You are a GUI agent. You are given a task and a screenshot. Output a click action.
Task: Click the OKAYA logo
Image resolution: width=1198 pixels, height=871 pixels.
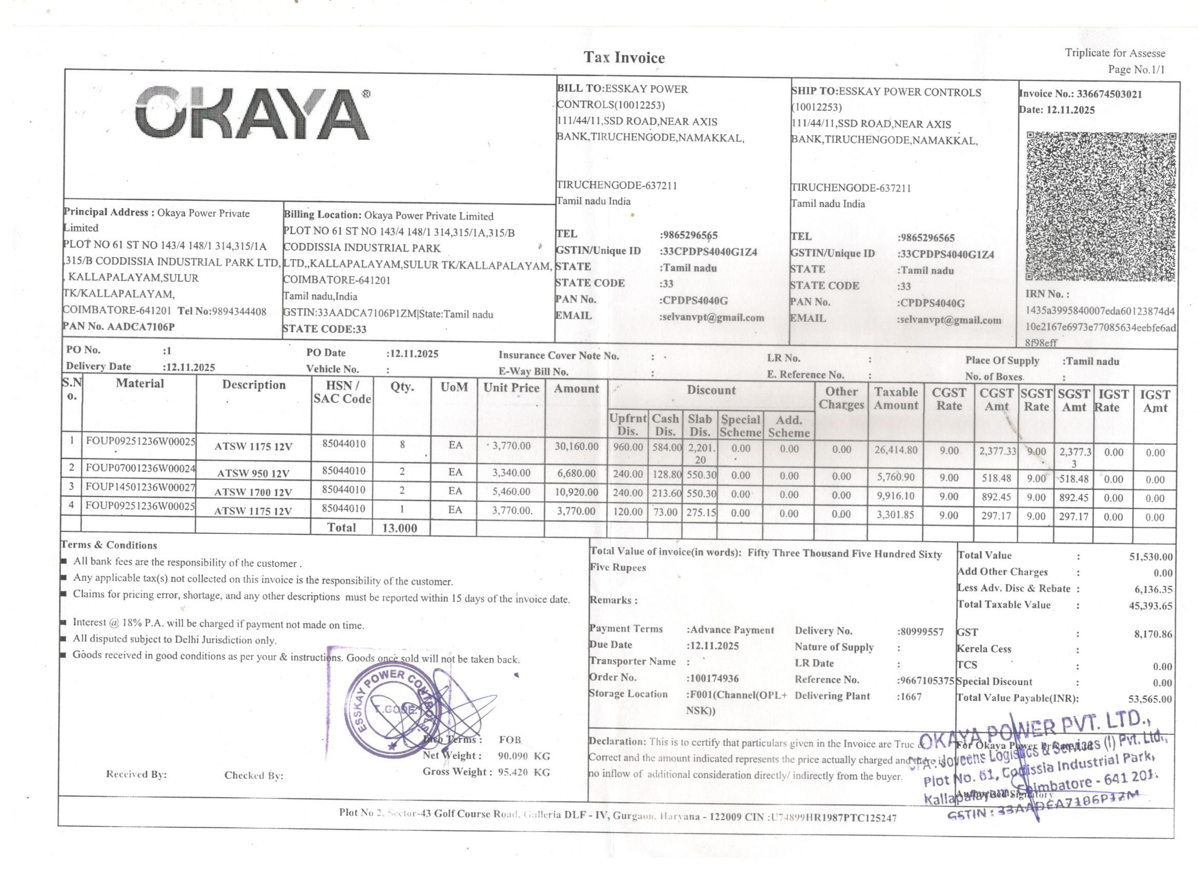click(253, 113)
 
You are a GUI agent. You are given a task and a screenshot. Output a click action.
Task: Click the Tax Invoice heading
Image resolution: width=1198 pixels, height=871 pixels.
click(624, 57)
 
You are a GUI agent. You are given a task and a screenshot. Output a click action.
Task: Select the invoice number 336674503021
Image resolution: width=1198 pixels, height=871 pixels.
click(1109, 95)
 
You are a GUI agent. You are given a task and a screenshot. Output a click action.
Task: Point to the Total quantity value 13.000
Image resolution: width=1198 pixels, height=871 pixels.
click(399, 528)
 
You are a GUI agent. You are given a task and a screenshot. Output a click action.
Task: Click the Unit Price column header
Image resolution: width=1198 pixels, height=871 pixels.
click(511, 388)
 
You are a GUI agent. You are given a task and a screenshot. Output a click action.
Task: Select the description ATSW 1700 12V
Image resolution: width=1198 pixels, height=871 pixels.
click(253, 492)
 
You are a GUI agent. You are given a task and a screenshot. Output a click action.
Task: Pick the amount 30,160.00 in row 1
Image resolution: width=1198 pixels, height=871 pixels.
click(576, 447)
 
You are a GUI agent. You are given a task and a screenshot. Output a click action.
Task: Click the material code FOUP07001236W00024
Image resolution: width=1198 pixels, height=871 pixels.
click(140, 468)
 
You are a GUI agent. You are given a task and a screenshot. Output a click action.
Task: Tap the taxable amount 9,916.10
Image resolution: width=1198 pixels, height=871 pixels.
click(895, 496)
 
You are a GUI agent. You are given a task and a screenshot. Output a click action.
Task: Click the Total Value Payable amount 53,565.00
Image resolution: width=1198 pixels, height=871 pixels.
click(1149, 699)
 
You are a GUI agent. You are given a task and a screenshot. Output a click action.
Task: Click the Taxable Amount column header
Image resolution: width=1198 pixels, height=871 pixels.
click(896, 399)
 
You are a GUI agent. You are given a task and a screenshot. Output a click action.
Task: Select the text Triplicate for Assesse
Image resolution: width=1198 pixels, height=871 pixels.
click(1114, 53)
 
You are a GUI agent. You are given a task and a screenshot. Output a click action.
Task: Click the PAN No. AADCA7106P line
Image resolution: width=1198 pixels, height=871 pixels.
click(119, 326)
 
